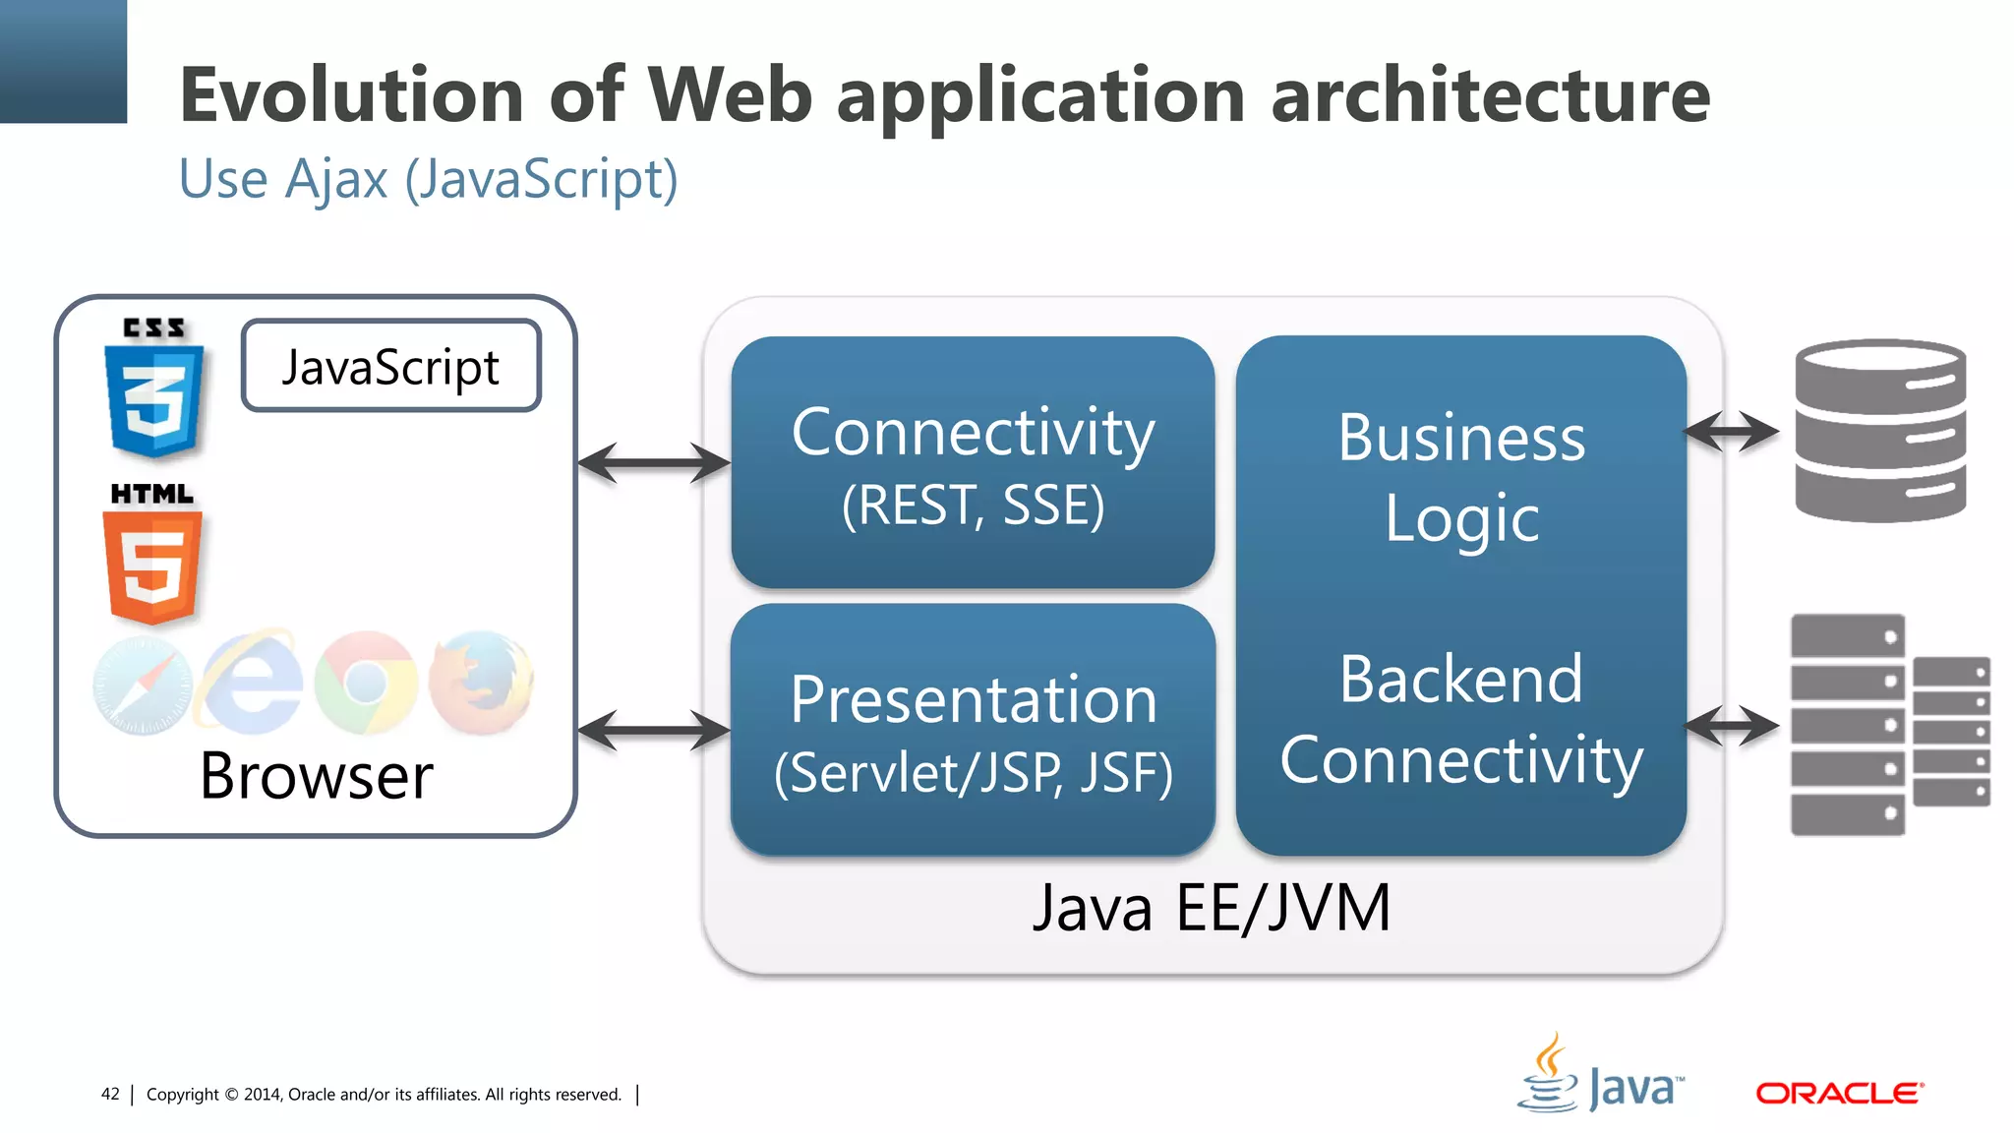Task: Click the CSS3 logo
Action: pyautogui.click(x=154, y=389)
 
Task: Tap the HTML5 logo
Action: pyautogui.click(x=152, y=557)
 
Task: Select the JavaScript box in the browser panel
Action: pyautogui.click(x=390, y=366)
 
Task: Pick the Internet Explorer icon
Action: pyautogui.click(x=252, y=683)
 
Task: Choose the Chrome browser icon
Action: pyautogui.click(x=367, y=683)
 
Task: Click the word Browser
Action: pyautogui.click(x=316, y=776)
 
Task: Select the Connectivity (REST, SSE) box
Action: pyautogui.click(x=973, y=463)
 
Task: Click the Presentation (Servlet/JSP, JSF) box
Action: pyautogui.click(x=973, y=731)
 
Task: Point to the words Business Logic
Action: pyautogui.click(x=1461, y=477)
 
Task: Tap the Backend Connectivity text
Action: pyautogui.click(x=1461, y=719)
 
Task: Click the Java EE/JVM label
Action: pyautogui.click(x=1212, y=908)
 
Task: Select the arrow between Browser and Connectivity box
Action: pyautogui.click(x=654, y=463)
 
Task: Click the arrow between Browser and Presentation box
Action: pyautogui.click(x=654, y=731)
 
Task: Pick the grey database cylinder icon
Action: pyautogui.click(x=1879, y=431)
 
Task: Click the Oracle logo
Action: pyautogui.click(x=1839, y=1093)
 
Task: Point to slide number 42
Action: pyautogui.click(x=110, y=1094)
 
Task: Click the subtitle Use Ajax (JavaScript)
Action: pyautogui.click(x=428, y=180)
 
